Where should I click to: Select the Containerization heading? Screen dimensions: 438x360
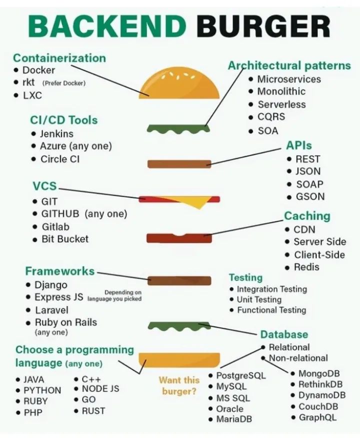pos(59,58)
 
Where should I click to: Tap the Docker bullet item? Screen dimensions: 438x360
pos(38,70)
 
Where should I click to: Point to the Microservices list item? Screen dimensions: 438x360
pos(289,79)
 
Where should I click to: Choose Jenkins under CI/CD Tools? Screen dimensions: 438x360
pos(56,133)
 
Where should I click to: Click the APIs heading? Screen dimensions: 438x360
pos(299,145)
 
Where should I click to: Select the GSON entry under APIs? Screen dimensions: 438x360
pos(310,196)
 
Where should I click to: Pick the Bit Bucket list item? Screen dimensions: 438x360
pos(65,239)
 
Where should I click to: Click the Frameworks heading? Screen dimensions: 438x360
pos(59,271)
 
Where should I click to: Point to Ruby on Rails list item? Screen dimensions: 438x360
pos(65,322)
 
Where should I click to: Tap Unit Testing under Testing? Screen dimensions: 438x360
pos(259,299)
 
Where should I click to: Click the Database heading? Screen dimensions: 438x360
pos(284,334)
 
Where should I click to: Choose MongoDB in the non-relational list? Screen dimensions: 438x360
pos(319,373)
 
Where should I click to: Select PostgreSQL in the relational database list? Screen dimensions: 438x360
pos(240,375)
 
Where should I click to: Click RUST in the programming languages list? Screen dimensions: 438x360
pos(93,410)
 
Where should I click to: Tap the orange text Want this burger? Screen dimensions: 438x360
pos(179,385)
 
